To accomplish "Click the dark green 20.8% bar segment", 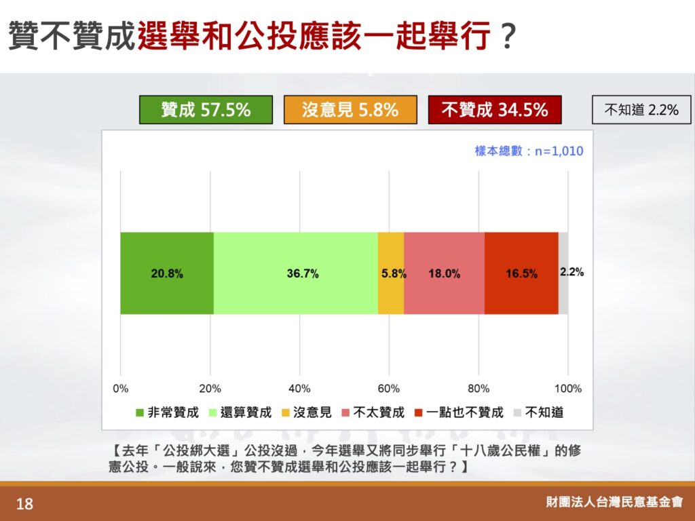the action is pos(167,273).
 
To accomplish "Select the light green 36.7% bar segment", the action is pos(296,273).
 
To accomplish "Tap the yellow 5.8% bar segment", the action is pos(391,273).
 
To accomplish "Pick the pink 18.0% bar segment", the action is pos(444,273).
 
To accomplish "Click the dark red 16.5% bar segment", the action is pos(521,273).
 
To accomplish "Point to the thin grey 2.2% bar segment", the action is pos(563,273).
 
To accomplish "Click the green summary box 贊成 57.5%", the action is pos(206,109).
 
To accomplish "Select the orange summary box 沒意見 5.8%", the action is pos(350,109).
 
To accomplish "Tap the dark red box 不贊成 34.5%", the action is pos(495,109).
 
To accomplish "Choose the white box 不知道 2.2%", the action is pos(641,109).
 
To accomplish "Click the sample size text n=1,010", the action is pos(559,151).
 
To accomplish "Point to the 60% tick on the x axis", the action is pos(389,389).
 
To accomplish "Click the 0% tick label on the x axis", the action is pos(121,389).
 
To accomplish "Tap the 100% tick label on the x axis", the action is pos(568,389).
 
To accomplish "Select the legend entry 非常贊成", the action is pos(167,412).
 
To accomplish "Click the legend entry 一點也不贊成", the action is pos(459,412).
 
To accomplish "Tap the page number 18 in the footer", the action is pos(24,504).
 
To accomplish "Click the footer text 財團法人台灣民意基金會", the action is pos(614,501).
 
